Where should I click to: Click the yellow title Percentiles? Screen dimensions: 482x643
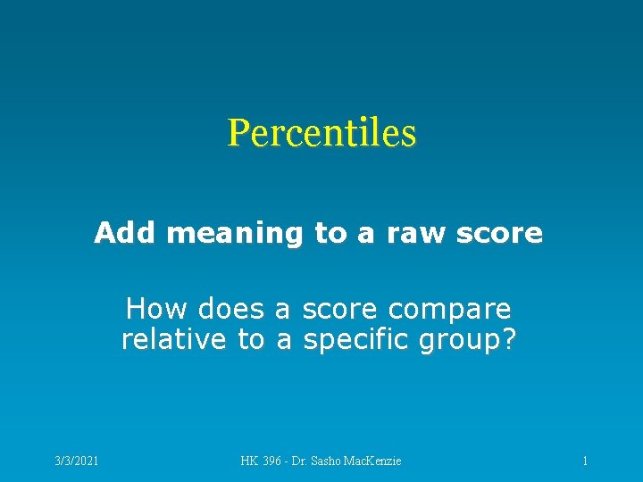tap(321, 133)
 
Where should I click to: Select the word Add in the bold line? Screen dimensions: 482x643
tap(126, 233)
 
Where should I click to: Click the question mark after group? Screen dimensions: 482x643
tap(510, 340)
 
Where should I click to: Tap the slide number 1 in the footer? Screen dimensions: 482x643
tap(584, 461)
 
